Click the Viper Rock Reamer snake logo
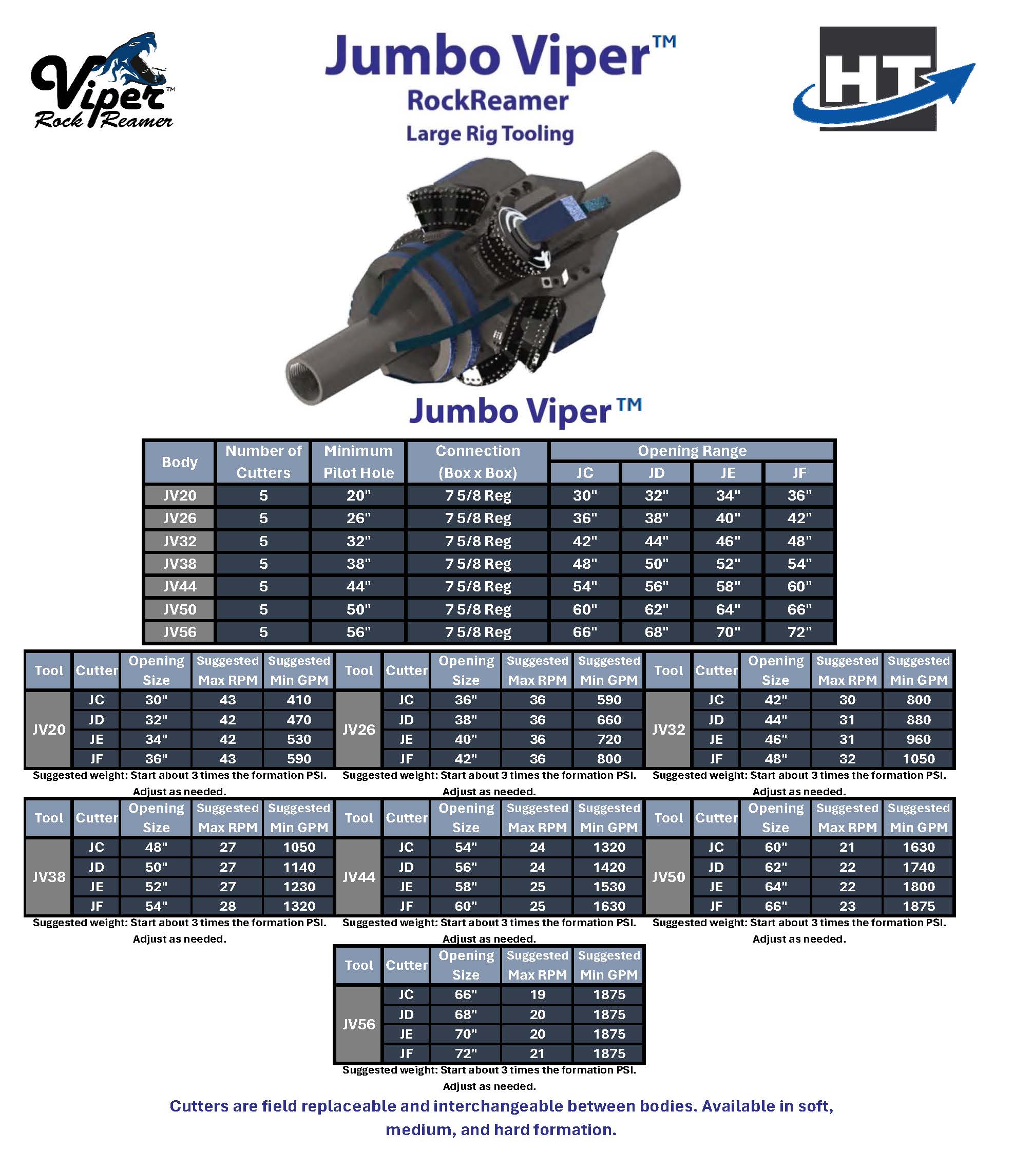tap(102, 81)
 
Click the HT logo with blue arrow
tap(884, 79)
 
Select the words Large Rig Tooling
tap(489, 134)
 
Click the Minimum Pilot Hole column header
tap(358, 462)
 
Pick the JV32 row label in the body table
tap(180, 541)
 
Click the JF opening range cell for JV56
tap(799, 632)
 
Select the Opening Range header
tap(692, 451)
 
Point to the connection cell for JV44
tap(477, 586)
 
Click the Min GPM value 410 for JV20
tap(299, 700)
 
